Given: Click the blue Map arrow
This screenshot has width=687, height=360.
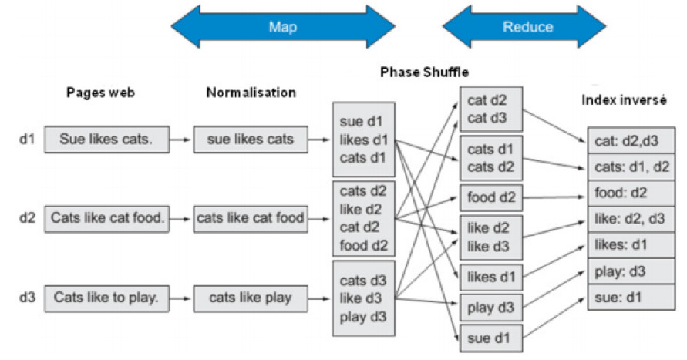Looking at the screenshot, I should coord(282,27).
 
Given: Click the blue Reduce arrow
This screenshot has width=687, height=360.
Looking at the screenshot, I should coord(528,27).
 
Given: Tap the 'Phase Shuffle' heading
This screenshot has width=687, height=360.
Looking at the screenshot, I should coord(424,72).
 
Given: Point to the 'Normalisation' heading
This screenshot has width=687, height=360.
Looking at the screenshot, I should coord(251,93).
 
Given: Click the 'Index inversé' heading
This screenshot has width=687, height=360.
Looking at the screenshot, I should coord(626,101).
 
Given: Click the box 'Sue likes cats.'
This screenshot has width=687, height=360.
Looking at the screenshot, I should coord(105,140).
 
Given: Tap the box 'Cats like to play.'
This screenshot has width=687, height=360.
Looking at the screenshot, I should coord(106,298).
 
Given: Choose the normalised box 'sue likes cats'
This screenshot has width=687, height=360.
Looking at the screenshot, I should coord(250,140).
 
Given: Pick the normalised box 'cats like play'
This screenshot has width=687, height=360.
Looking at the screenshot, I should coord(250,298).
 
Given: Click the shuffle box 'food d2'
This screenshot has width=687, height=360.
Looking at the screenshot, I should coord(491,198).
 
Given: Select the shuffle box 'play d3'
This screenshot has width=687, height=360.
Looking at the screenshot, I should coord(491,308).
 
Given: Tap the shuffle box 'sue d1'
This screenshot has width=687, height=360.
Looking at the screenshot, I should coord(491,337).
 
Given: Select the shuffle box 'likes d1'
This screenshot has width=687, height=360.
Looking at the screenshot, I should coord(491,277).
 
